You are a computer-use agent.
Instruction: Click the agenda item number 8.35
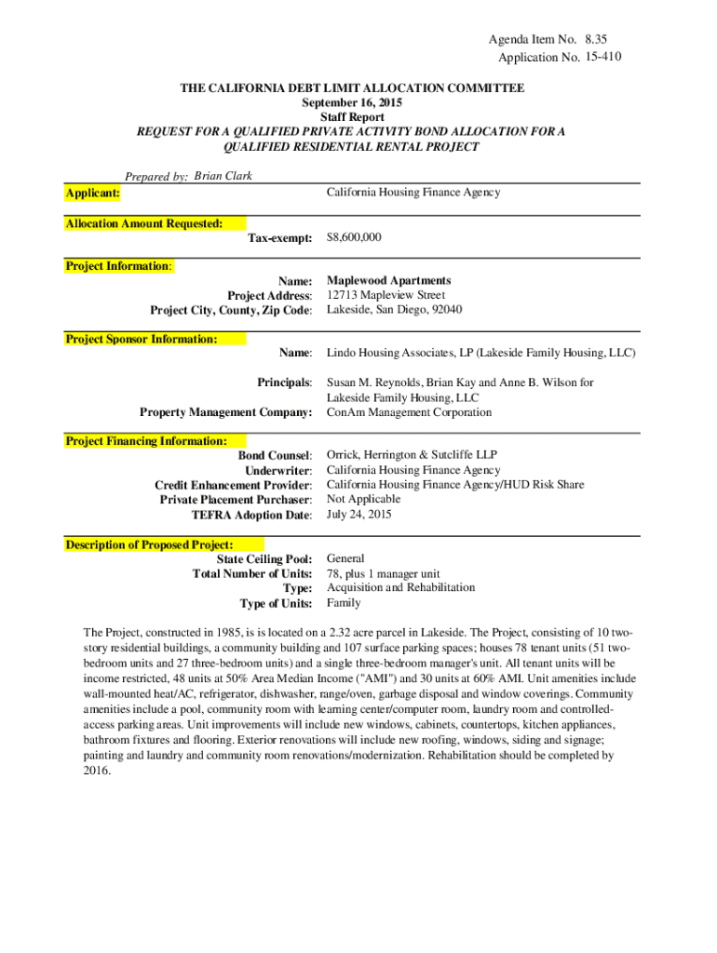[x=602, y=40]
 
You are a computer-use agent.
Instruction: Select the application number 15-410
[x=603, y=57]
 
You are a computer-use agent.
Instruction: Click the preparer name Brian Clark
[x=223, y=176]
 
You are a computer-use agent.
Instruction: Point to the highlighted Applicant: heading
[x=92, y=193]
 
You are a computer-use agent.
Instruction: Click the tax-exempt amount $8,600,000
[x=354, y=238]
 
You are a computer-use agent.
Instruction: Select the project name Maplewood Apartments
[x=388, y=280]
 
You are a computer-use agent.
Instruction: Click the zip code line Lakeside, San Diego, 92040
[x=394, y=310]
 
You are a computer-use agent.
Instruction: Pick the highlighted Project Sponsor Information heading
[x=141, y=339]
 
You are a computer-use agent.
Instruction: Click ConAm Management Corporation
[x=409, y=412]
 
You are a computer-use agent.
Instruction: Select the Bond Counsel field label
[x=276, y=456]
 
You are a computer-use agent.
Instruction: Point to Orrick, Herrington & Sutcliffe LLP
[x=412, y=455]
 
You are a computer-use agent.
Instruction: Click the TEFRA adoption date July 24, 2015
[x=358, y=514]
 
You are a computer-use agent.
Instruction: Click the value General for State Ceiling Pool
[x=345, y=559]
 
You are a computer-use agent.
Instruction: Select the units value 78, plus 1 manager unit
[x=383, y=574]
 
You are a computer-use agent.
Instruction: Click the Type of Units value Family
[x=344, y=603]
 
